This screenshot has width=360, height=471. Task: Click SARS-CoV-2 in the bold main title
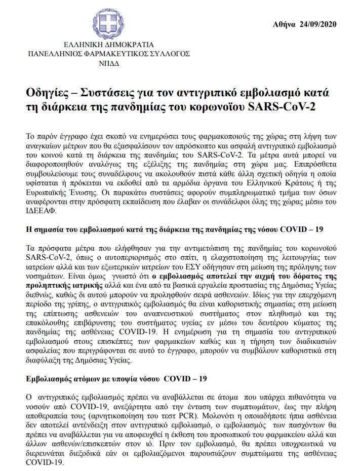click(286, 107)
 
